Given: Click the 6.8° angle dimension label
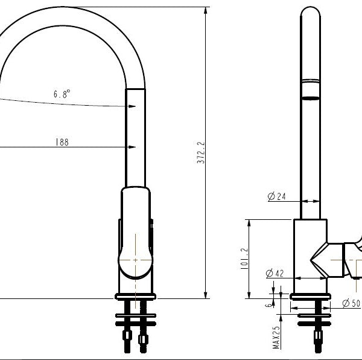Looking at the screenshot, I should [62, 94].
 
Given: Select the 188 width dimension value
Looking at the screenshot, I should [62, 143].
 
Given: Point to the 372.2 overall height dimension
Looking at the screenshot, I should [201, 155].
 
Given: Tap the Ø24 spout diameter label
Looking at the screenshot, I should [275, 196].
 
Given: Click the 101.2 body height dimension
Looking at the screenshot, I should [244, 259].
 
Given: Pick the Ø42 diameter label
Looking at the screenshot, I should [275, 274].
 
